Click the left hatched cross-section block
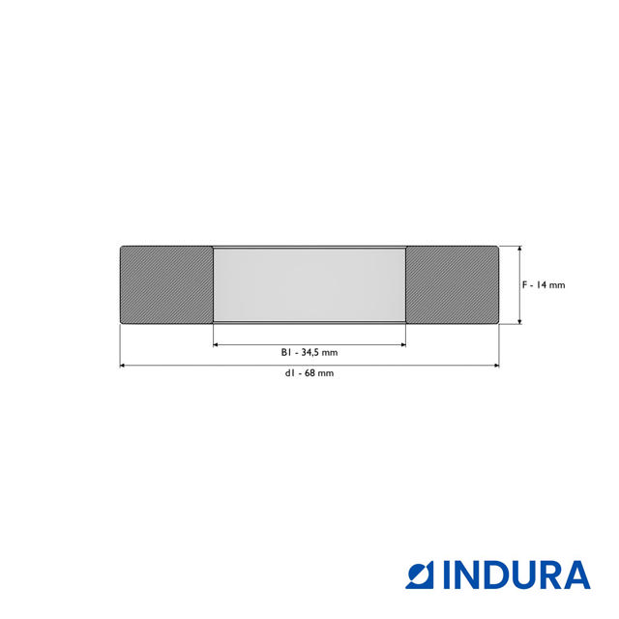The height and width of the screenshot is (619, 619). click(166, 284)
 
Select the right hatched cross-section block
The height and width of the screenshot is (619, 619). click(452, 284)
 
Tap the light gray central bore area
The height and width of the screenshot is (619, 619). click(309, 284)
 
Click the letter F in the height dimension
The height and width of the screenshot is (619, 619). click(524, 285)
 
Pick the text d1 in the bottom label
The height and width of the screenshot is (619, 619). click(290, 373)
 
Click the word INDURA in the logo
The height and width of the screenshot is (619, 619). click(517, 575)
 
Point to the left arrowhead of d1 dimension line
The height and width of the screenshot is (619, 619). click(123, 366)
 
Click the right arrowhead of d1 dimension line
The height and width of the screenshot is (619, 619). click(496, 366)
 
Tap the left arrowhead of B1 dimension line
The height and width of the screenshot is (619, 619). click(217, 343)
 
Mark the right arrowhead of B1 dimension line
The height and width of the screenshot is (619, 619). click(402, 343)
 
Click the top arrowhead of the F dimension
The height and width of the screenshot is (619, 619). click(520, 249)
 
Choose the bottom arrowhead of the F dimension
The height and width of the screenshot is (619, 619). click(520, 320)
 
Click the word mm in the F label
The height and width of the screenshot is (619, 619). click(557, 285)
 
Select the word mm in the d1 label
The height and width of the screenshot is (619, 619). click(327, 373)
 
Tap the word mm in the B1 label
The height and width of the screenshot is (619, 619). click(331, 352)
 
